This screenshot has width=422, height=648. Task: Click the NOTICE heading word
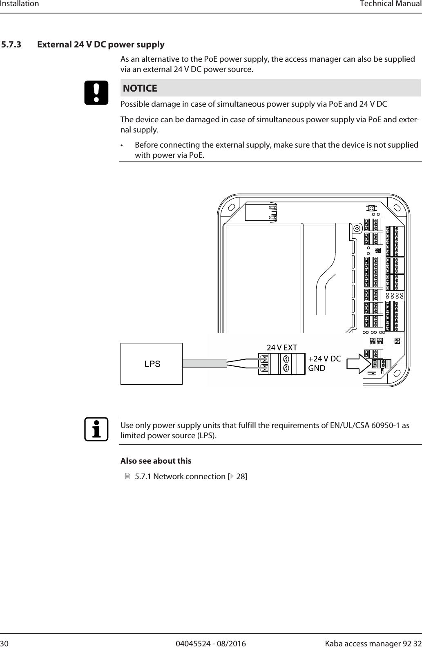[x=140, y=88]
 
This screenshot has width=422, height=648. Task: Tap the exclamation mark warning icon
[x=96, y=93]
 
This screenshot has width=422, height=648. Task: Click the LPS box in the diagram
[x=152, y=363]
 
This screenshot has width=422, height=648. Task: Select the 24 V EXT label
[x=282, y=348]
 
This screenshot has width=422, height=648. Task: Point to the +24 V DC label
[x=324, y=359]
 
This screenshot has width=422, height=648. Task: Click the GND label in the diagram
[x=317, y=368]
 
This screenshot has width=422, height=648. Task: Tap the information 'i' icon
[x=96, y=430]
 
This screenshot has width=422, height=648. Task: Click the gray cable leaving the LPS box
[x=204, y=363]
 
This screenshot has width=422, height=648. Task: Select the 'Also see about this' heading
[x=156, y=461]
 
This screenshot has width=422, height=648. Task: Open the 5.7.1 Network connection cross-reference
[x=190, y=476]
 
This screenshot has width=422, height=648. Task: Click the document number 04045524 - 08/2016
[x=211, y=644]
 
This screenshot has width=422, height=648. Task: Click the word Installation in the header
[x=19, y=4]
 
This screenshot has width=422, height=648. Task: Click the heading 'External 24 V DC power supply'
[x=101, y=44]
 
